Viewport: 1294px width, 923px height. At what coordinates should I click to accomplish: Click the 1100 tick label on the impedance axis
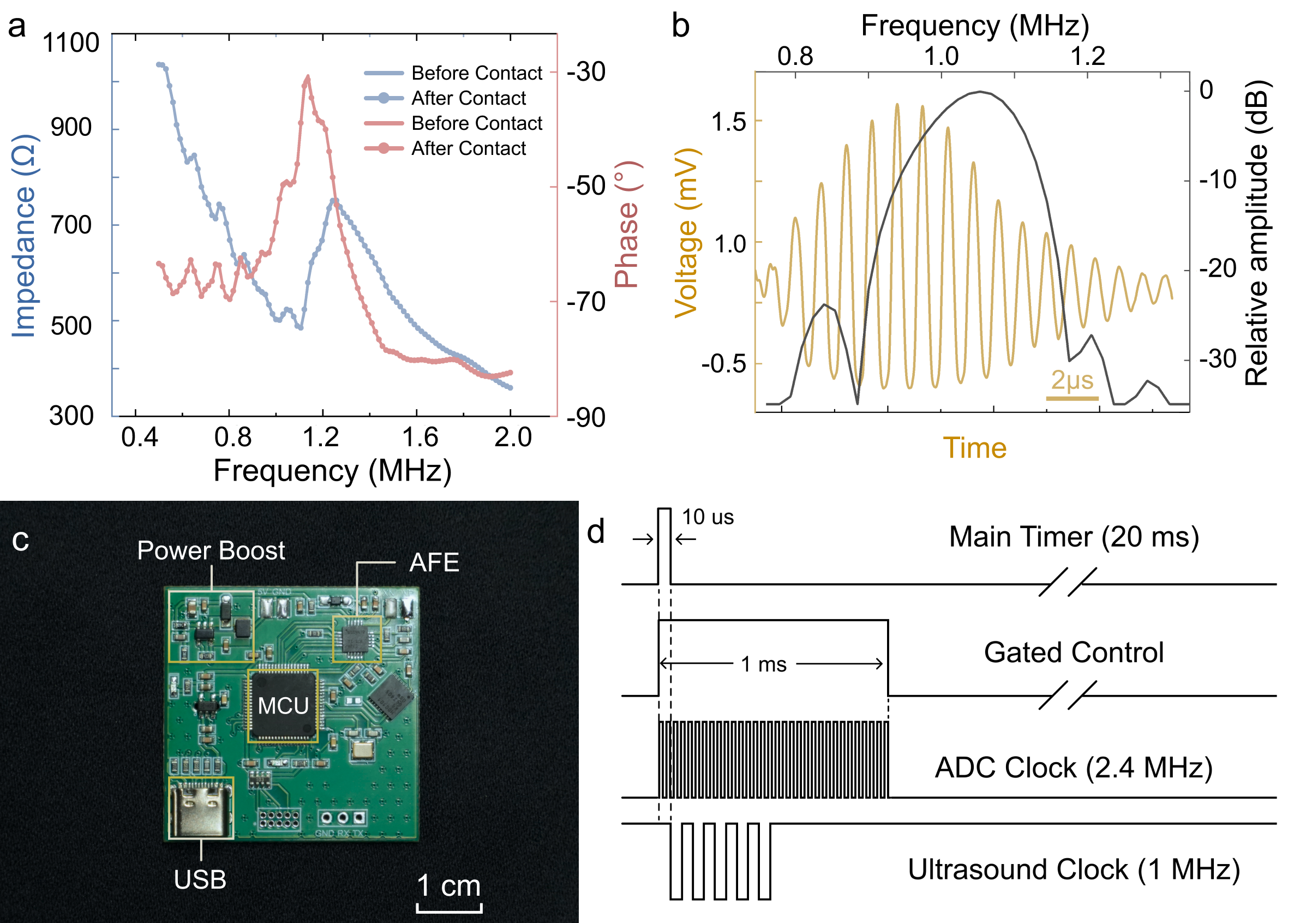[71, 43]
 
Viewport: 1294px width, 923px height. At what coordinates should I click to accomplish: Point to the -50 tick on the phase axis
[586, 186]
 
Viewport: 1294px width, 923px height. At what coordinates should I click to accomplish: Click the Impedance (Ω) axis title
[24, 236]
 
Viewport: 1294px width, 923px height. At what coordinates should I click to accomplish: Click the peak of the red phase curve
[308, 77]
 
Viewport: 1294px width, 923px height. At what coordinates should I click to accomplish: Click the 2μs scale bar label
[1072, 380]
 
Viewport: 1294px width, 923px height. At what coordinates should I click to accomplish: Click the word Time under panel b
[974, 448]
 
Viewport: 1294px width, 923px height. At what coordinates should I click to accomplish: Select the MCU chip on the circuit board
[283, 706]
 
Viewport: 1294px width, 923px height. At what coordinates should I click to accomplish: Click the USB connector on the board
[201, 807]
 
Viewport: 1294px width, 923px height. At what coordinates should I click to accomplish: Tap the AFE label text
[434, 562]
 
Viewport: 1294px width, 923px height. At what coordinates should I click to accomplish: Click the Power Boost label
[211, 550]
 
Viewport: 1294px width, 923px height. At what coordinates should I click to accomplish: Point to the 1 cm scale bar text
[448, 886]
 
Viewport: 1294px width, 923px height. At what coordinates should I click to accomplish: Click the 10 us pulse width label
[708, 517]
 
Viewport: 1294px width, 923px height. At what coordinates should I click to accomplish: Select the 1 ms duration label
[763, 664]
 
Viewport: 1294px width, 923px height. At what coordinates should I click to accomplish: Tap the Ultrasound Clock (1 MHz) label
[1074, 870]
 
